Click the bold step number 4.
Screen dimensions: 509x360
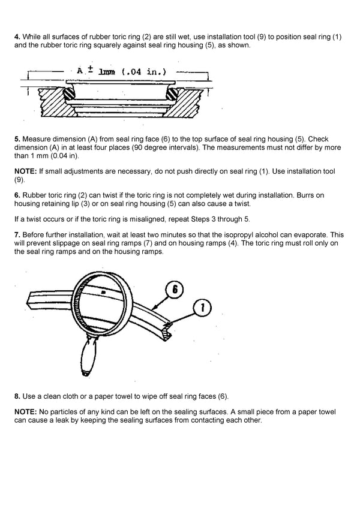[x=16, y=37]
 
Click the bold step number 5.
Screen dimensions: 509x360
[x=16, y=138]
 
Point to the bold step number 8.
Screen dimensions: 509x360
[x=16, y=397]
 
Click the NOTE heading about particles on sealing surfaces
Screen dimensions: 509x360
[x=25, y=413]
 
